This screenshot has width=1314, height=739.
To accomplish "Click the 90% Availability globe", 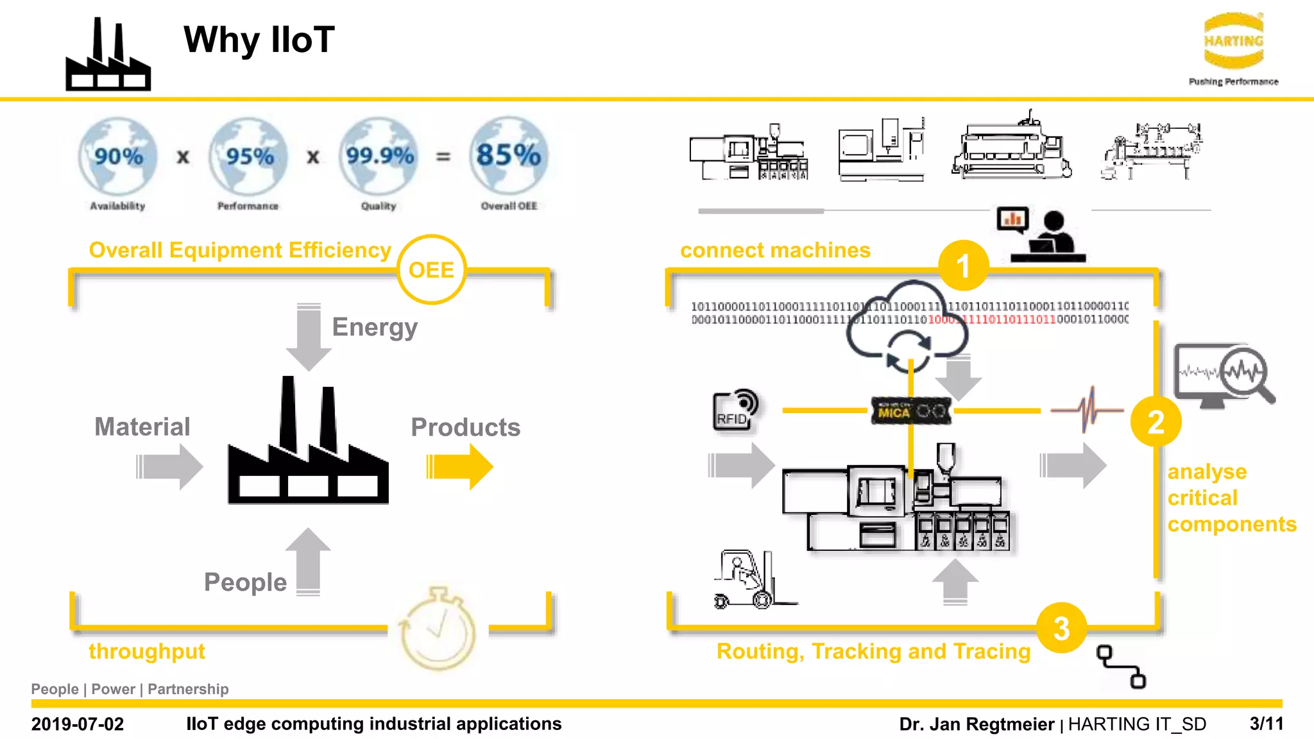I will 118,157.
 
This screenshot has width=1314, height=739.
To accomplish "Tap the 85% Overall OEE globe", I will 508,156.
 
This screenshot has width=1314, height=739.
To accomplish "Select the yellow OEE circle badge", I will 431,269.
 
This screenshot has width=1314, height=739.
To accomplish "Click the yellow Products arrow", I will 459,466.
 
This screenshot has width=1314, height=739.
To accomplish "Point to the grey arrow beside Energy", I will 309,337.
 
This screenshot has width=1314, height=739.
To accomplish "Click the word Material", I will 142,427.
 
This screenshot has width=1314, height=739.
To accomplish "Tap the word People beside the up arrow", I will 245,582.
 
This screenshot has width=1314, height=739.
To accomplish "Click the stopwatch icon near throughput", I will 438,628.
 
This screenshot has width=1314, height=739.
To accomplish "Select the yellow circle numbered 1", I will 962,266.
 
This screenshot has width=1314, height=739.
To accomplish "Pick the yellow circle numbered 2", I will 1156,421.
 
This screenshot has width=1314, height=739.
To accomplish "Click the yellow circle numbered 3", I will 1061,628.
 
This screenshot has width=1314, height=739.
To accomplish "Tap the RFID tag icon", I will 735,411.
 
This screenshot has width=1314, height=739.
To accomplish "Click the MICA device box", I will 910,411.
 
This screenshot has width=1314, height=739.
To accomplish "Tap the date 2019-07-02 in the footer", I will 78,724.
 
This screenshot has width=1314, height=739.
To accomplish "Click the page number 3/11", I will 1266,724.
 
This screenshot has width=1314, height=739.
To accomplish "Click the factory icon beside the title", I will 108,58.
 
